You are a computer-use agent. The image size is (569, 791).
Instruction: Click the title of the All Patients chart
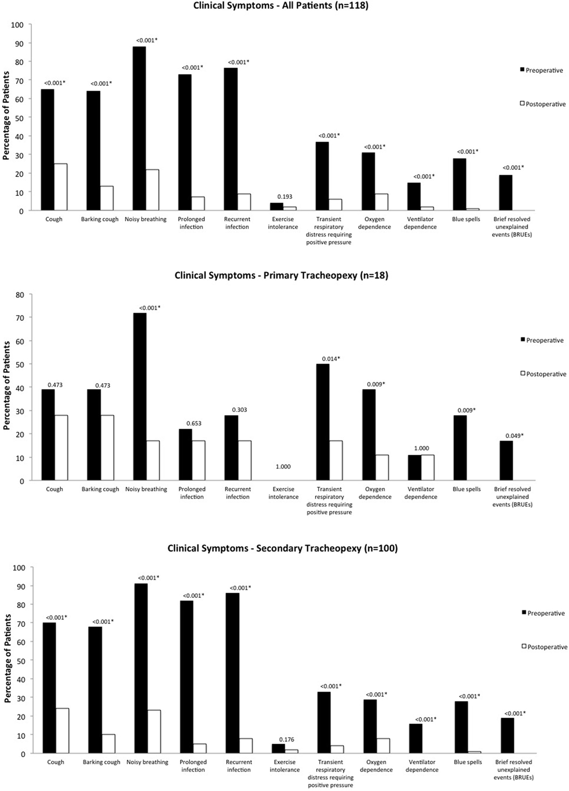coord(281,6)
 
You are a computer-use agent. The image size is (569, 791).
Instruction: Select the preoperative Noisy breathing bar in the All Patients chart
coord(139,128)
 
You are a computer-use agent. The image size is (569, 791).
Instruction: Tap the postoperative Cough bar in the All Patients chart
coord(61,187)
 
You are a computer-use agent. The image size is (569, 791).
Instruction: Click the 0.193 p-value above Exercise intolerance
coord(284,197)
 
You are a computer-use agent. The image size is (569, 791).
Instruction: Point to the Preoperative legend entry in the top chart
coord(541,70)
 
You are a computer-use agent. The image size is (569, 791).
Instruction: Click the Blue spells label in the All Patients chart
coord(466,219)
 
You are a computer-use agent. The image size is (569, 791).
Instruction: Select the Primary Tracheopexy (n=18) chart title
coord(281,275)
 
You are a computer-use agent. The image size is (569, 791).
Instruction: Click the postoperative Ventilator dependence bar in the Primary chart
coord(427,468)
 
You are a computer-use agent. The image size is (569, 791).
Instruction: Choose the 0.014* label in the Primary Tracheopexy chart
coord(330,359)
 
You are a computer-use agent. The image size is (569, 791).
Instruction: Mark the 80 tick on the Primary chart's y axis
coord(20,295)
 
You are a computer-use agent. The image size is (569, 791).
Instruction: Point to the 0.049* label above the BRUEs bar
coord(514,435)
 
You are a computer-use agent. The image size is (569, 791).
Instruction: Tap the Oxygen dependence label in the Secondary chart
coord(376,765)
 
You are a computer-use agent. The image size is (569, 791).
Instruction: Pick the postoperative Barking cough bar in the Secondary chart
coord(108,744)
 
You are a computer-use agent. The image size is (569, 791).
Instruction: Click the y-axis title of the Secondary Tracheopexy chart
coord(7,658)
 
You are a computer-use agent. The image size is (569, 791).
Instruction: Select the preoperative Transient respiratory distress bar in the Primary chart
coord(323,422)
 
